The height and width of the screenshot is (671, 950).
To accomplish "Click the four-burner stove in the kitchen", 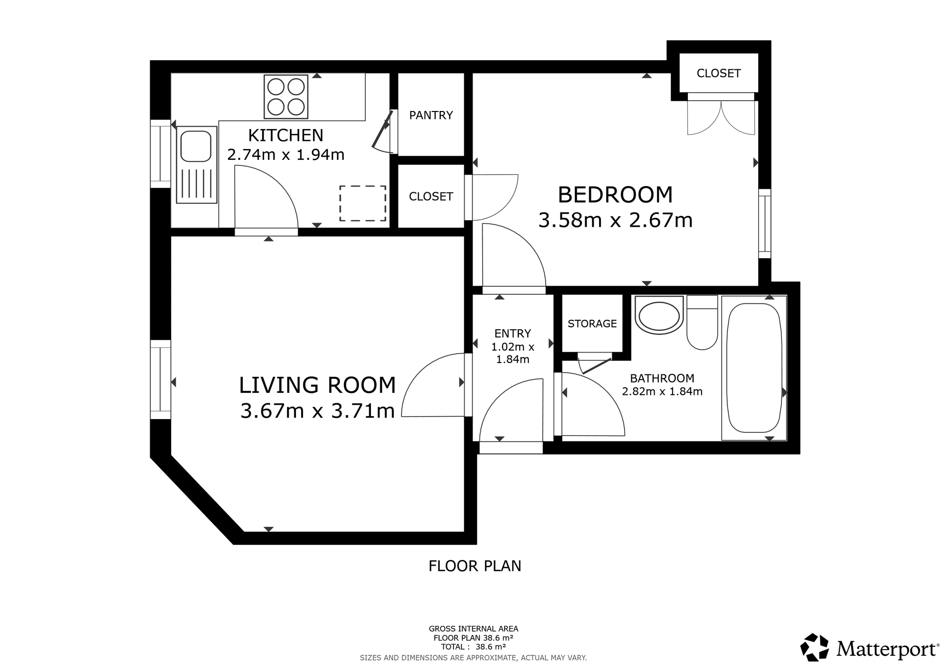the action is [x=286, y=97].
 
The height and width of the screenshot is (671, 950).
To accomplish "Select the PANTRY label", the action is [x=431, y=115].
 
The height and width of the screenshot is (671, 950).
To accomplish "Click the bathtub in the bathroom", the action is [x=754, y=368].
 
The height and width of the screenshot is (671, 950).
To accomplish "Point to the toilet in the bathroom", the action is [x=702, y=323].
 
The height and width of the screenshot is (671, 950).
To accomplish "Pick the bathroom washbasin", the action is [x=659, y=316].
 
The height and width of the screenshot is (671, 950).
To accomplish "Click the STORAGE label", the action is [x=592, y=324].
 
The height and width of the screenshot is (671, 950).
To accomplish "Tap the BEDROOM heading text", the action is [x=615, y=195].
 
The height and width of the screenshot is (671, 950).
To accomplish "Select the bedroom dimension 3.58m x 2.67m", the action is [x=615, y=220].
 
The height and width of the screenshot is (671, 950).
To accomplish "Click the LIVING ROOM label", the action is [x=317, y=385].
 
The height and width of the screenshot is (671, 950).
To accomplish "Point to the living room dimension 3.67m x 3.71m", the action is [x=317, y=411].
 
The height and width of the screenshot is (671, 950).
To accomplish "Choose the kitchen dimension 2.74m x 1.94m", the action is [x=285, y=155].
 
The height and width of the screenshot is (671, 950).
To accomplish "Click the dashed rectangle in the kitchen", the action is [x=362, y=203].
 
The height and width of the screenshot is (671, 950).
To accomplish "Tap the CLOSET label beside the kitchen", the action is [x=431, y=196].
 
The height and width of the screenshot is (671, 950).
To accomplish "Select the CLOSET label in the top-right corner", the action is [x=719, y=73].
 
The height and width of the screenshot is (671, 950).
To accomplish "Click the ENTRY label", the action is [x=513, y=334].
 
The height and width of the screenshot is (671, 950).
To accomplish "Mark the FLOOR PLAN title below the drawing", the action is [x=475, y=566].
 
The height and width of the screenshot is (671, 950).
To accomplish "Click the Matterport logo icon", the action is [x=815, y=647].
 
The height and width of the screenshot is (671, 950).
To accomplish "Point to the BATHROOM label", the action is [x=662, y=378].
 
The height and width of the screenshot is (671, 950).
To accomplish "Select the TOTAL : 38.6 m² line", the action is [x=473, y=647].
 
